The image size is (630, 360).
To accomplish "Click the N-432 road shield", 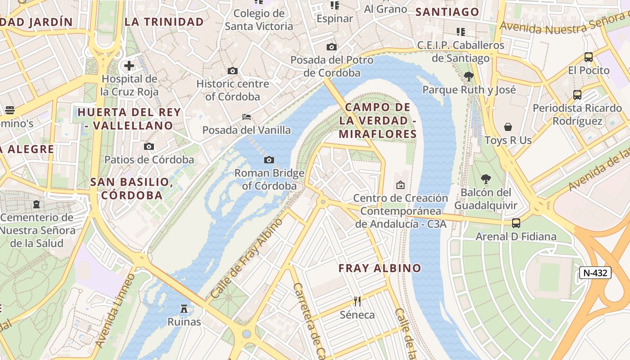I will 595,272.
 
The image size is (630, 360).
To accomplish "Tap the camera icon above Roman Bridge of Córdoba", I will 269,160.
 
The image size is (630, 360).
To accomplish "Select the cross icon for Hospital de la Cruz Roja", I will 129,66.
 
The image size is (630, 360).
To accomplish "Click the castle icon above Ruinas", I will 184,309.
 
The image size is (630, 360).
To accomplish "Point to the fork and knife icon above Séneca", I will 357,301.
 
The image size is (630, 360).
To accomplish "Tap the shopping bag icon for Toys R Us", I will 508,127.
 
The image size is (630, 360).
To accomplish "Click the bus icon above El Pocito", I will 588,57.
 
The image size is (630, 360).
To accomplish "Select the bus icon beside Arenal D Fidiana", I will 516,223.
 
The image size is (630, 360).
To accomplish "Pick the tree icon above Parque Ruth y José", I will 468,76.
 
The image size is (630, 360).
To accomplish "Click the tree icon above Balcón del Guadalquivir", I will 486,179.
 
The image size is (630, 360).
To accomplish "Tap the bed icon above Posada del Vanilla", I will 247,117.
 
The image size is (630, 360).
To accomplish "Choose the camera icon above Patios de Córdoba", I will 149,146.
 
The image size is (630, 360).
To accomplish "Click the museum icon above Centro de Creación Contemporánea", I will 400,184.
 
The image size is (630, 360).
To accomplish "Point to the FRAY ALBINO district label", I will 380,268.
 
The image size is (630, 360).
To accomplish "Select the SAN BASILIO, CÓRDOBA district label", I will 132,189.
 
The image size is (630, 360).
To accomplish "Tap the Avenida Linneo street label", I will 115,310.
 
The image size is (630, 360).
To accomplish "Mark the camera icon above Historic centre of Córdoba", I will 233,71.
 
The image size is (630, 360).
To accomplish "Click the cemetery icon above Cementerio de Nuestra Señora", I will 36,204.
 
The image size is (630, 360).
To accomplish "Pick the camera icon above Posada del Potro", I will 332,47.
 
